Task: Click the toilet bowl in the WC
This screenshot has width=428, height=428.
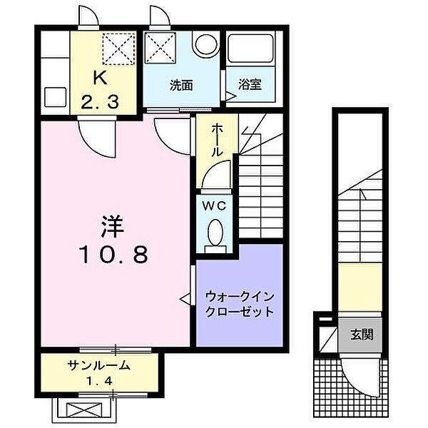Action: [216, 232]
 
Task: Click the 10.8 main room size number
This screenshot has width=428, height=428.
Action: [112, 255]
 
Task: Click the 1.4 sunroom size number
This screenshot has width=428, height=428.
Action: [99, 381]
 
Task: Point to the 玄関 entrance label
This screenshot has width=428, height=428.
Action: [361, 334]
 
